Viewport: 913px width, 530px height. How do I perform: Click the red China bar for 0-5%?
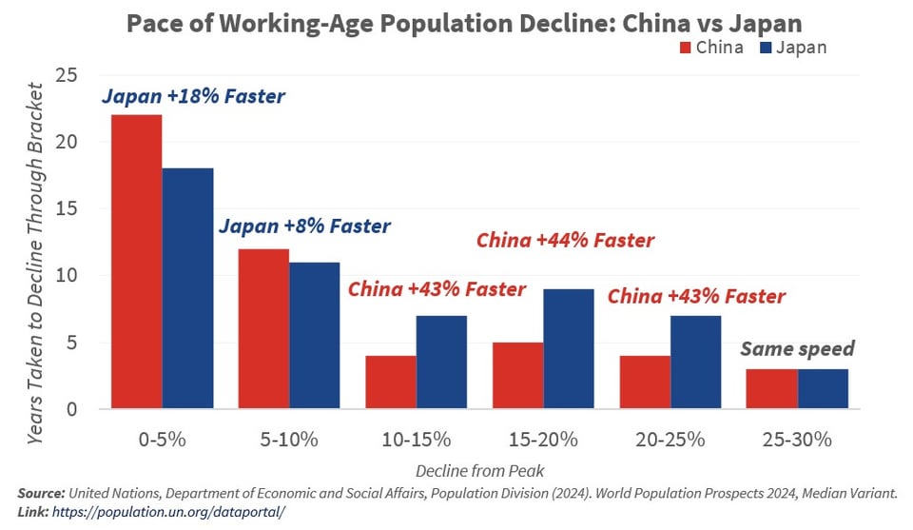tap(136, 262)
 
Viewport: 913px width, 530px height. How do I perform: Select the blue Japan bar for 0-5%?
tap(187, 288)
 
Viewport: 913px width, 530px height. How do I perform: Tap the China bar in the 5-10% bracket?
tap(263, 328)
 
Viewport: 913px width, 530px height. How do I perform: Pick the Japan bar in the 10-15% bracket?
tap(441, 363)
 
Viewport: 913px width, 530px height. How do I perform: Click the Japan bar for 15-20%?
tap(569, 349)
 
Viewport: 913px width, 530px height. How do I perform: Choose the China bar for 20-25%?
tap(645, 383)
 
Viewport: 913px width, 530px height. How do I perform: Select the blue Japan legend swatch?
tap(767, 48)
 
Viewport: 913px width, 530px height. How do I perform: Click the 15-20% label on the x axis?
tap(543, 440)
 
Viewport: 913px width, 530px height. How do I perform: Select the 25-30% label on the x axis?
tap(797, 440)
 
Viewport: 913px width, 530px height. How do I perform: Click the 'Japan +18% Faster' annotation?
tap(193, 96)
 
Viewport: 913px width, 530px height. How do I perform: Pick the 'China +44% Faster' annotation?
tap(565, 241)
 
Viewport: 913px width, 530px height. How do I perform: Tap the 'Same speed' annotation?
tap(798, 348)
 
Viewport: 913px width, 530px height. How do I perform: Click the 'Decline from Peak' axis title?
tap(479, 470)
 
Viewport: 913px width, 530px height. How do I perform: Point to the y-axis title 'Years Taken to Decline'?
tap(36, 262)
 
